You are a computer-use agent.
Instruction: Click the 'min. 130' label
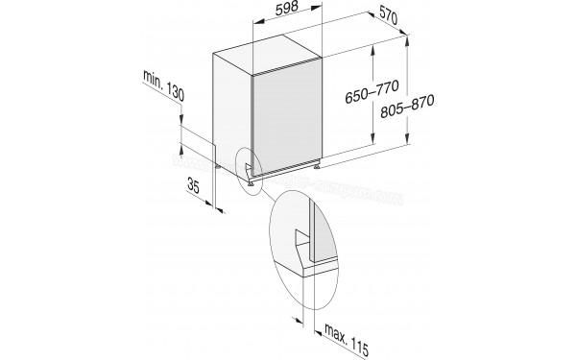tap(164, 85)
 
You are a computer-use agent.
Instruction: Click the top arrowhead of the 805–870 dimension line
tap(410, 37)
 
